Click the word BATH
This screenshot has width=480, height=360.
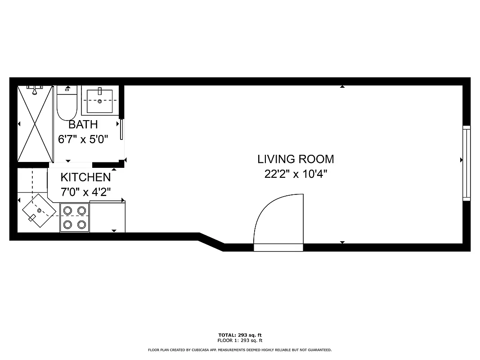(x=83, y=125)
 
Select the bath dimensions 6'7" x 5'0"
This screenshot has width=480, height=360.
(x=83, y=139)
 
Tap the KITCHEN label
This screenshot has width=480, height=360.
(x=85, y=177)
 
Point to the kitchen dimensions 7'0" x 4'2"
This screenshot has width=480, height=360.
(x=85, y=192)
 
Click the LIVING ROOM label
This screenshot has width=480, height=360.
(x=296, y=159)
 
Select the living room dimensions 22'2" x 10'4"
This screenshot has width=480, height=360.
(x=296, y=174)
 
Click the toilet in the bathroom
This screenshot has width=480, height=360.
(x=67, y=103)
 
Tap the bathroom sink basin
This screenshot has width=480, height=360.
(x=99, y=101)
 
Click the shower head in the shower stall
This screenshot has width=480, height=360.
(x=34, y=89)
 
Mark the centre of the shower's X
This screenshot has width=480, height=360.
(x=35, y=124)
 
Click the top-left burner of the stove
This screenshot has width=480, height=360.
(x=67, y=210)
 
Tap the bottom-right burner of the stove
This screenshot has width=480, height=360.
(x=81, y=224)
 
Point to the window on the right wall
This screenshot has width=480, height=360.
(x=467, y=163)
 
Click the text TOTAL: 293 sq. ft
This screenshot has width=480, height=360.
(x=240, y=335)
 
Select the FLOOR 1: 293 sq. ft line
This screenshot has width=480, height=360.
(x=240, y=341)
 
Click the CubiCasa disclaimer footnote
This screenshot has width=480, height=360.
(x=240, y=350)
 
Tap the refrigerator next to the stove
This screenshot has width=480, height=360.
(x=107, y=217)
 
